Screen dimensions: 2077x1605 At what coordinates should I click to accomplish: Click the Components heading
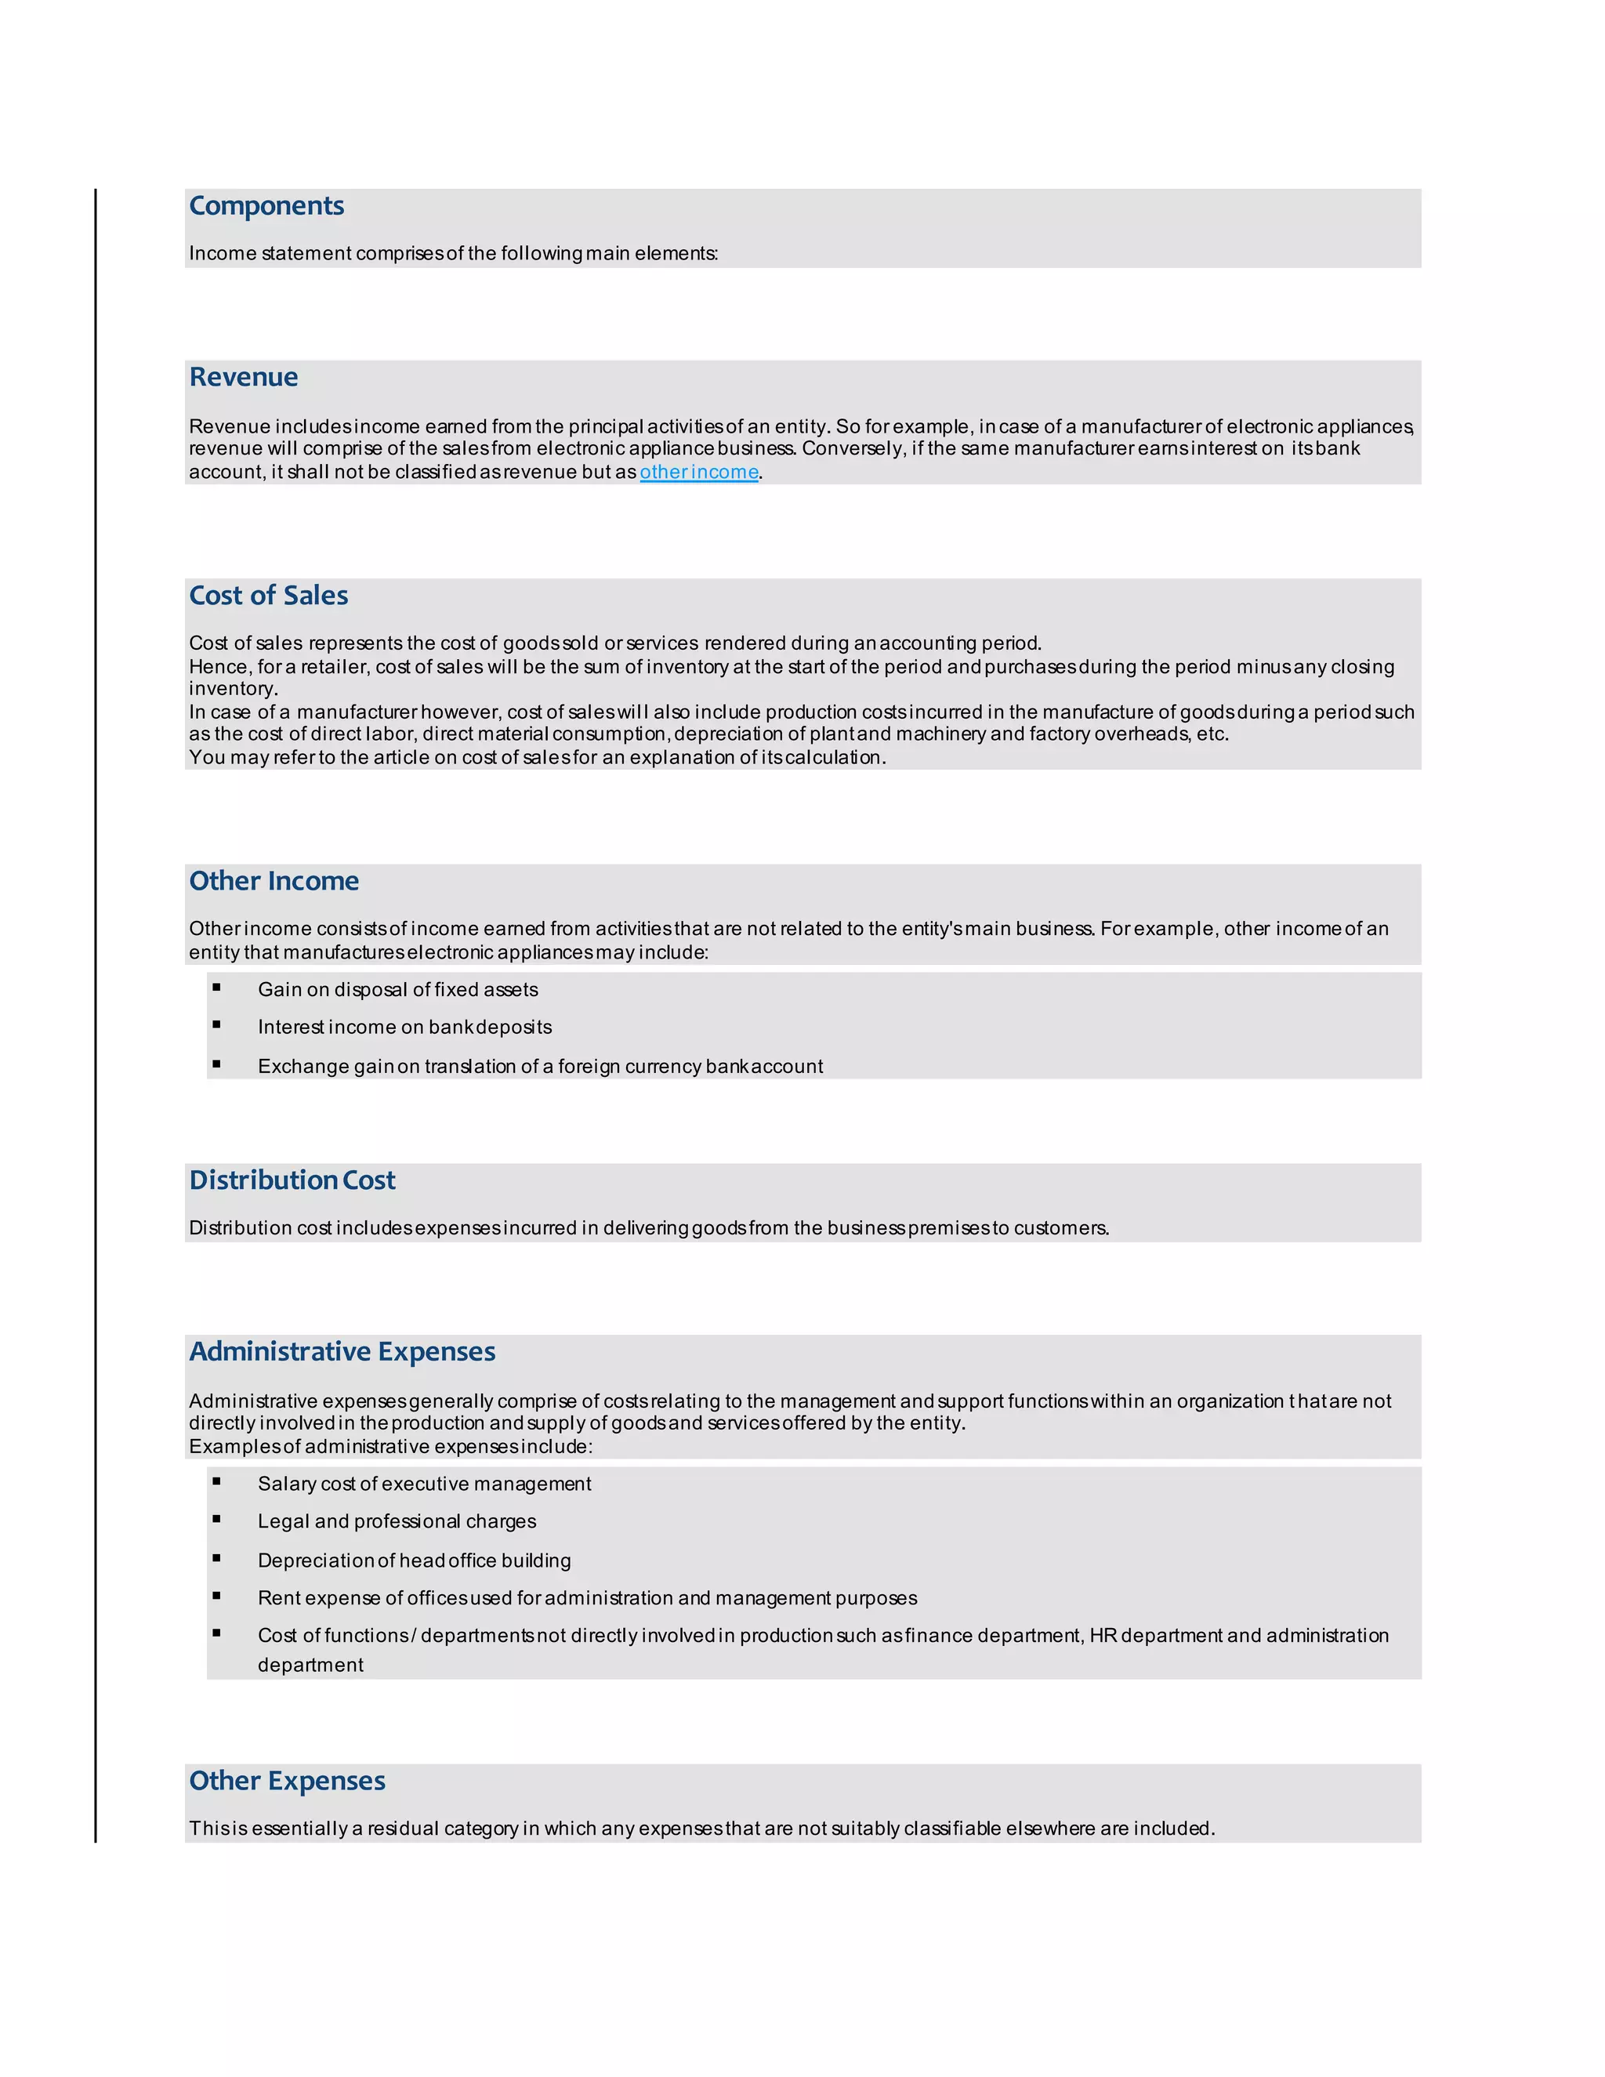pyautogui.click(x=266, y=205)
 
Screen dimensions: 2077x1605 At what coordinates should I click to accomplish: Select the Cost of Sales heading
pyautogui.click(x=268, y=596)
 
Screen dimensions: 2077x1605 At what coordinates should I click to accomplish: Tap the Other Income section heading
pyautogui.click(x=274, y=881)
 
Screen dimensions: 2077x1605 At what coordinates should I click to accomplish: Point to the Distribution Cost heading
pyautogui.click(x=292, y=1180)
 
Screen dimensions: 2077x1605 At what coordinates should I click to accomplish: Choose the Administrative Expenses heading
pyautogui.click(x=342, y=1351)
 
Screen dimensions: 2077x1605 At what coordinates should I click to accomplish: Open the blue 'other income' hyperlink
pyautogui.click(x=699, y=472)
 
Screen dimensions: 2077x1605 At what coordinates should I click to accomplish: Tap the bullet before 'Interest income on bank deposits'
pyautogui.click(x=217, y=1025)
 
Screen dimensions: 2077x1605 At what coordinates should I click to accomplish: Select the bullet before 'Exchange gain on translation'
pyautogui.click(x=217, y=1064)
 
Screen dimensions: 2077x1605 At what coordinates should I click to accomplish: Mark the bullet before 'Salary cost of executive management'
pyautogui.click(x=217, y=1481)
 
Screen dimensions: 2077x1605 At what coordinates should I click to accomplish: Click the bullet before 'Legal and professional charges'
pyautogui.click(x=217, y=1520)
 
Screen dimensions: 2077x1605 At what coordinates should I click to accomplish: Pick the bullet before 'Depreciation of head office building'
pyautogui.click(x=217, y=1559)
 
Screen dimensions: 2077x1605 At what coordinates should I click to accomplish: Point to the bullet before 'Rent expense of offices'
pyautogui.click(x=217, y=1596)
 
